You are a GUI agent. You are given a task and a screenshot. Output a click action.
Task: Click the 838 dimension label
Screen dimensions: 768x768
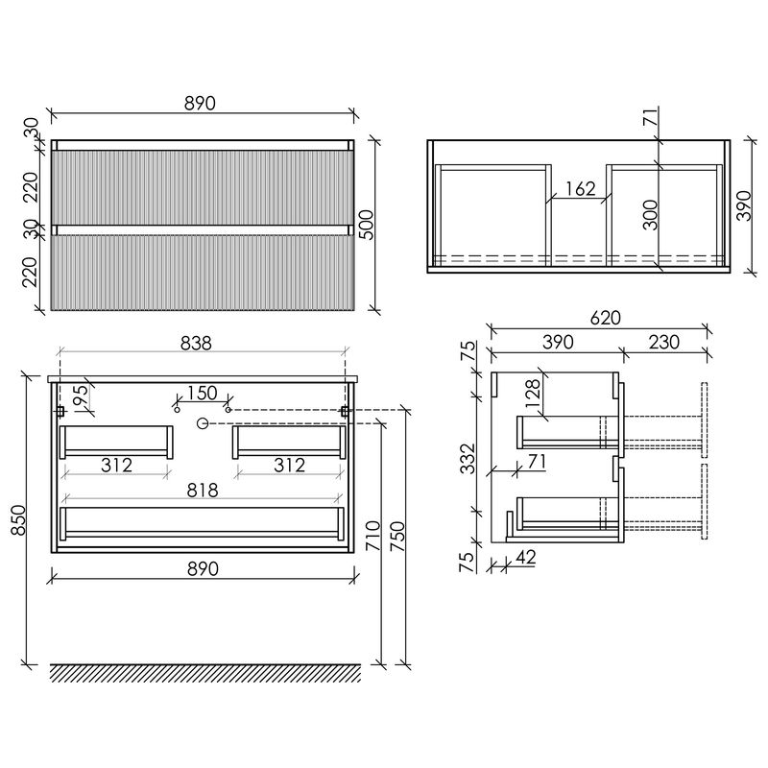pyautogui.click(x=196, y=344)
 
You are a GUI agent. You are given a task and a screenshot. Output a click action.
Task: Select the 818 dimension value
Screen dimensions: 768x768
pyautogui.click(x=203, y=491)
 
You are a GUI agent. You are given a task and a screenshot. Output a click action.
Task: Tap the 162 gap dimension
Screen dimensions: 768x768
pyautogui.click(x=581, y=188)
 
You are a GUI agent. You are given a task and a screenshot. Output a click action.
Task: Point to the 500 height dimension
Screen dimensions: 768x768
pyautogui.click(x=366, y=225)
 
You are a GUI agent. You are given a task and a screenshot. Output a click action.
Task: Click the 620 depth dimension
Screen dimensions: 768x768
pyautogui.click(x=606, y=318)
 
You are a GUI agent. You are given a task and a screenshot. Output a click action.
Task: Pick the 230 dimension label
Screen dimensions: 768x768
pyautogui.click(x=664, y=342)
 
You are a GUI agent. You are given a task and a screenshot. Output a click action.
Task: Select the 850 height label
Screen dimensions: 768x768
pyautogui.click(x=18, y=520)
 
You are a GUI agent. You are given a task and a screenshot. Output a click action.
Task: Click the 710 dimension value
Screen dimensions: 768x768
pyautogui.click(x=373, y=536)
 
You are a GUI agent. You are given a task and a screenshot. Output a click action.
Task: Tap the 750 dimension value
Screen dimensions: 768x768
pyautogui.click(x=397, y=537)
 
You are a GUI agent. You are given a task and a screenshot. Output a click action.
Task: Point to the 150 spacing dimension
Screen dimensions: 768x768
pyautogui.click(x=203, y=393)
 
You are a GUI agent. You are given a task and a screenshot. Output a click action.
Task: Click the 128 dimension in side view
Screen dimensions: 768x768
pyautogui.click(x=534, y=394)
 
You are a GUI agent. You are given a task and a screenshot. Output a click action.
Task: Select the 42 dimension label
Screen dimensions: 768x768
pyautogui.click(x=525, y=558)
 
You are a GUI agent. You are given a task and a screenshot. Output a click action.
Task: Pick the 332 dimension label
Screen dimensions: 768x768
pyautogui.click(x=468, y=459)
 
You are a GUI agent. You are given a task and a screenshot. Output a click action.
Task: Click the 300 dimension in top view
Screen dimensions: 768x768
pyautogui.click(x=651, y=215)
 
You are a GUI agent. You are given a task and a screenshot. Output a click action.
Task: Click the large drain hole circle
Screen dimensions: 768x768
pyautogui.click(x=203, y=423)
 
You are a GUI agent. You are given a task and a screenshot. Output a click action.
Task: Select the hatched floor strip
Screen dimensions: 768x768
pyautogui.click(x=205, y=674)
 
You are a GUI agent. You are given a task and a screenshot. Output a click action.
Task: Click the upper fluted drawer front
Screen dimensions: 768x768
pyautogui.click(x=203, y=187)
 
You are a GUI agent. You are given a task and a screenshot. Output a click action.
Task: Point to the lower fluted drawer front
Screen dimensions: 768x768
pyautogui.click(x=203, y=273)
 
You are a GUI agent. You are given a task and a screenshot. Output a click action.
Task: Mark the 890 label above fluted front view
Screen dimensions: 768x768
pyautogui.click(x=200, y=104)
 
